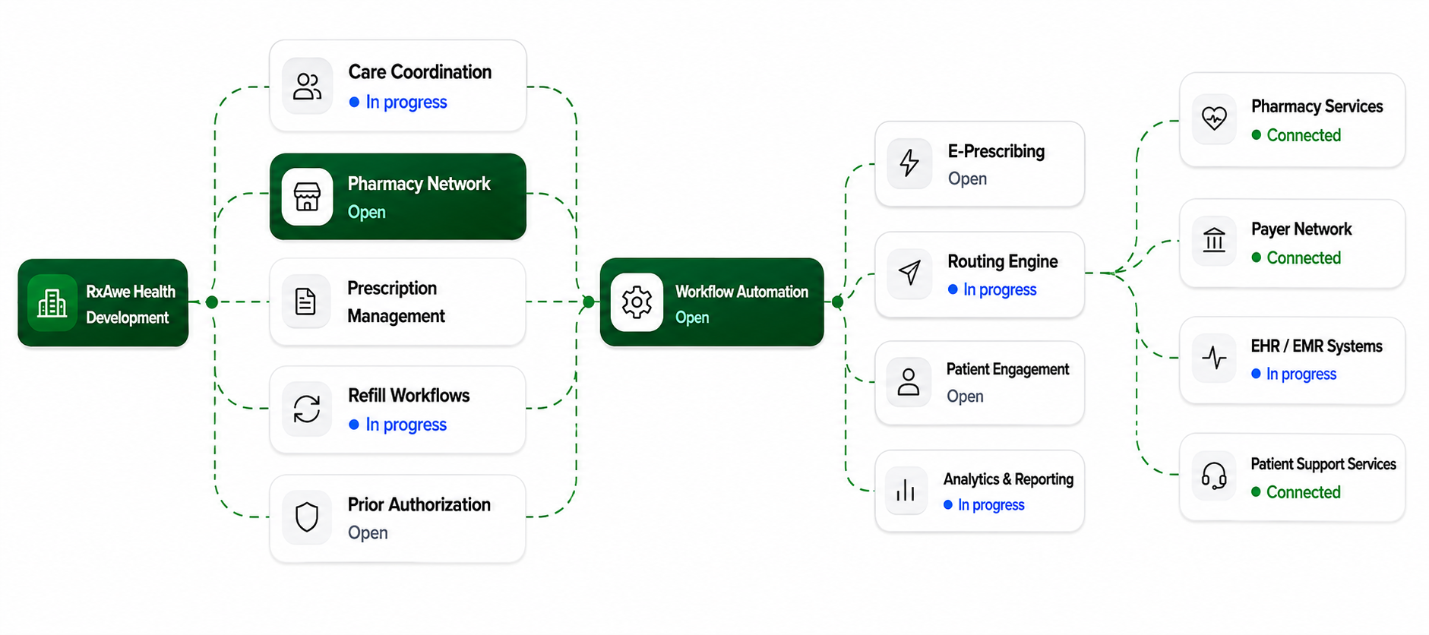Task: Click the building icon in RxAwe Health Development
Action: [x=52, y=303]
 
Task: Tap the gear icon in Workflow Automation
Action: [x=637, y=302]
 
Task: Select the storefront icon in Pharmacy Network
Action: [x=307, y=197]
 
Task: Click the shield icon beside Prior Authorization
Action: [x=307, y=517]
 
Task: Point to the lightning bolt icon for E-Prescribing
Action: [x=909, y=163]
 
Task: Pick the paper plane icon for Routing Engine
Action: [x=909, y=273]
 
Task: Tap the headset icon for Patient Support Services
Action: [x=1214, y=476]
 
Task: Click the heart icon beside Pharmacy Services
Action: [x=1214, y=118]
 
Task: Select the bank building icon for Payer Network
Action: [x=1214, y=240]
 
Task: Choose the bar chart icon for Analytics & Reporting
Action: [x=906, y=491]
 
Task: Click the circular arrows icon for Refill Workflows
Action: [x=307, y=409]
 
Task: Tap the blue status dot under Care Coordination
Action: [x=354, y=102]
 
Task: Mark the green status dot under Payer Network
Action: [x=1257, y=257]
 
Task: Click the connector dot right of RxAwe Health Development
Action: [x=212, y=302]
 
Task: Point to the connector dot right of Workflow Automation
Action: [x=837, y=302]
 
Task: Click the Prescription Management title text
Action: [x=396, y=302]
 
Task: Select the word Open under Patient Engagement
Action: [x=965, y=396]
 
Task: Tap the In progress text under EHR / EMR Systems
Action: [x=1301, y=374]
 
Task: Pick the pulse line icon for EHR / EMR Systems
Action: [x=1214, y=358]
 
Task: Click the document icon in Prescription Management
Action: [x=305, y=302]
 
